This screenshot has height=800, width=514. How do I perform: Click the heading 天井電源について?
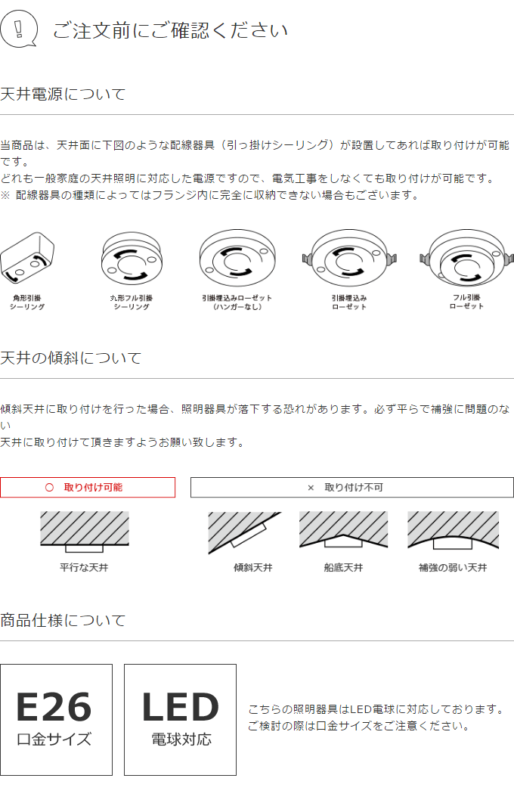pos(63,95)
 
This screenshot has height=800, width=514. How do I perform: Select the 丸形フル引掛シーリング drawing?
pos(132,258)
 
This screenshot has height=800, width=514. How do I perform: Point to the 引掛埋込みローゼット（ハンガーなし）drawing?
pos(237,258)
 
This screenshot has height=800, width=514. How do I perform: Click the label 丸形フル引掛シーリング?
pos(132,302)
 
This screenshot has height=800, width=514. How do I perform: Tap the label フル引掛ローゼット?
pos(466,302)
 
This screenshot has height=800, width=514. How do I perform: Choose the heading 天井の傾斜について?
pos(71,358)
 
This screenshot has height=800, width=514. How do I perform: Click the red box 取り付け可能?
pos(88,488)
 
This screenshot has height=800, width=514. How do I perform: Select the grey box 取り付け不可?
pos(351,488)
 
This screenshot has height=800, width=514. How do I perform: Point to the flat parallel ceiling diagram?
pos(84,531)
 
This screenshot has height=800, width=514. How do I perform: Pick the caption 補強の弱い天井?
pos(453,567)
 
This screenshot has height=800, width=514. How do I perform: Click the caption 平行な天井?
pos(84,567)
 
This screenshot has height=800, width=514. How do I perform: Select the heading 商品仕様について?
pos(63,621)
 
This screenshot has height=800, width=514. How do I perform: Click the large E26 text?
pos(54,708)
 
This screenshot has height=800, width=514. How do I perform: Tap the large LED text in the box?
pos(180,708)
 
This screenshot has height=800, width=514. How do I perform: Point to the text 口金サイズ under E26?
pos(54,740)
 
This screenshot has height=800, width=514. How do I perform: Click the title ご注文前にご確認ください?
pos(170,31)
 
